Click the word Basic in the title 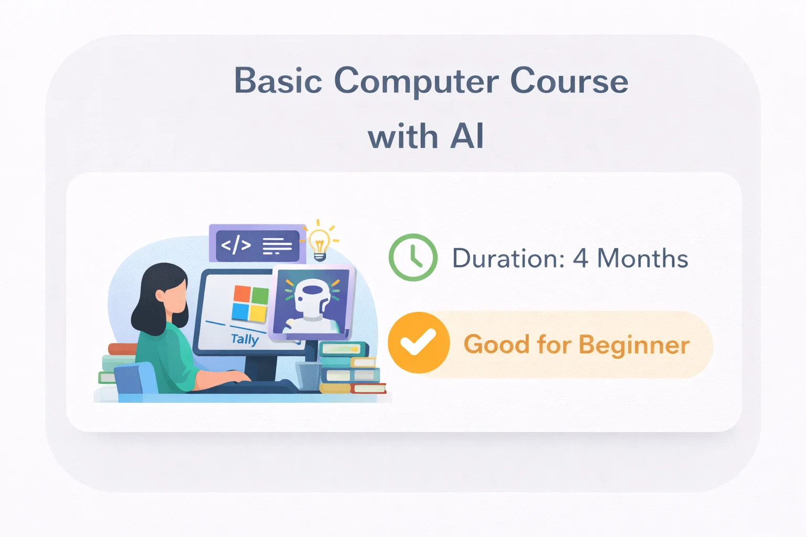278,81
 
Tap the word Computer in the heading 416,82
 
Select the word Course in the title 569,81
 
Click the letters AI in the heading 466,137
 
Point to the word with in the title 402,137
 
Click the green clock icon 413,257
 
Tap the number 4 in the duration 580,259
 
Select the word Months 643,259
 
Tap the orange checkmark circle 418,343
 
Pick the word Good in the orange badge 496,345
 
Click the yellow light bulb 319,243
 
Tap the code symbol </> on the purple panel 236,245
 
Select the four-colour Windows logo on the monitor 250,304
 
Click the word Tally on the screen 245,339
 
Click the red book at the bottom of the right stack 368,389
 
